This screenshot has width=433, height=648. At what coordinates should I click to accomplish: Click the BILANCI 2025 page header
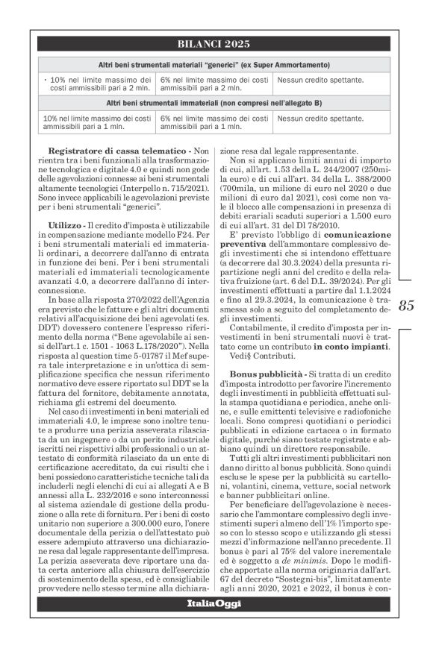[x=216, y=43]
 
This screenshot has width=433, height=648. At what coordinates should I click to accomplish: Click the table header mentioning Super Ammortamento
[x=216, y=65]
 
